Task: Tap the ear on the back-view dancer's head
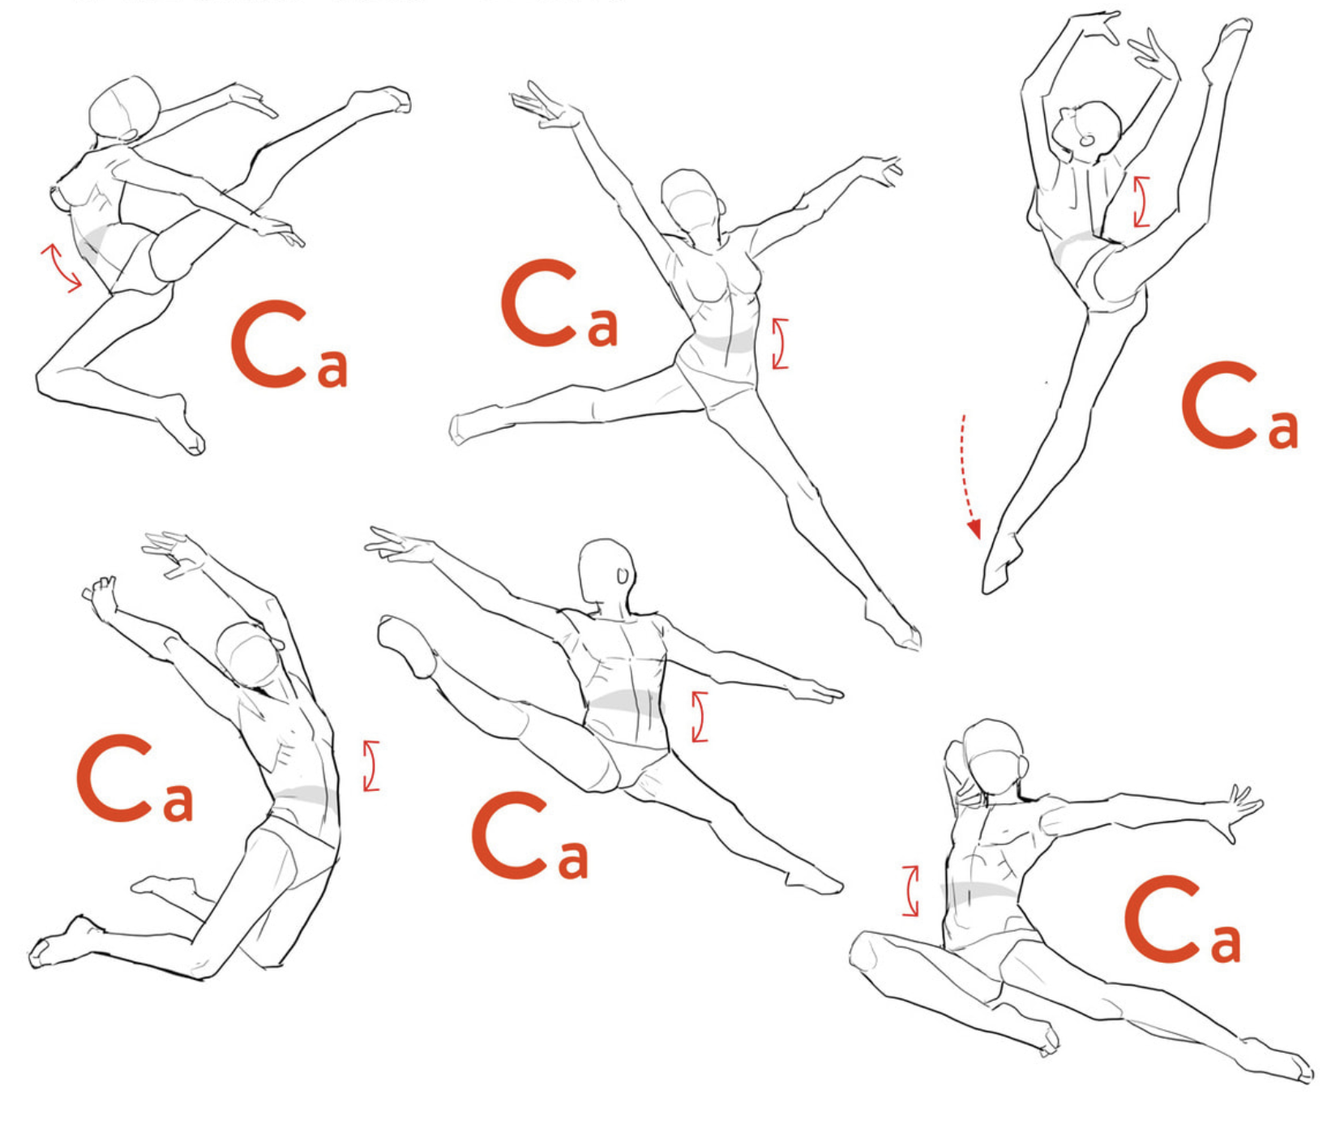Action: coord(623,575)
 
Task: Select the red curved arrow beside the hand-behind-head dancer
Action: coord(911,890)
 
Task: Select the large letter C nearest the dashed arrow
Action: coord(1218,405)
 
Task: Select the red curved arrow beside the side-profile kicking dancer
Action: coord(60,267)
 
